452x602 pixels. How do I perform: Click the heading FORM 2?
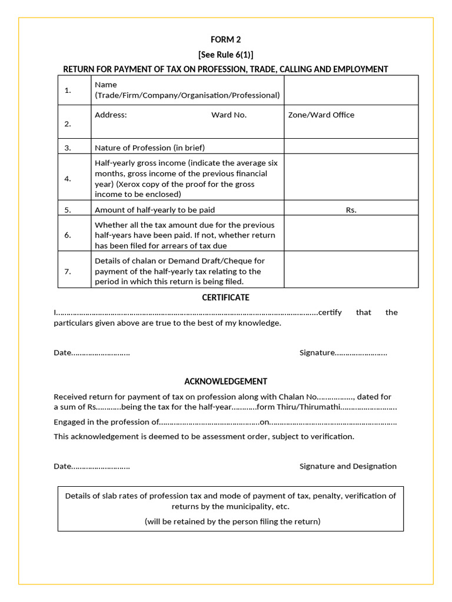225,40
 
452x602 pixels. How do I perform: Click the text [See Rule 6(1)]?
225,55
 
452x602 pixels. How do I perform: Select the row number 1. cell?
68,90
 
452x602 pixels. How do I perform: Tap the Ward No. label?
229,115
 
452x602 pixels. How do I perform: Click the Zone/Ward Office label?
321,115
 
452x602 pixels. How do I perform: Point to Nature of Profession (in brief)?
149,148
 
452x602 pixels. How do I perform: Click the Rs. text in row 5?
351,210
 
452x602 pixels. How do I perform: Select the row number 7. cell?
68,271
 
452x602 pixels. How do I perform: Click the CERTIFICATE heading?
225,297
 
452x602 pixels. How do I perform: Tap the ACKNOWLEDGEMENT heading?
225,382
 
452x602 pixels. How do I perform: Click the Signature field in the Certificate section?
343,353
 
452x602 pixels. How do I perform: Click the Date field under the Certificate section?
91,353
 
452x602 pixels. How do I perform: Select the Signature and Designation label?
348,466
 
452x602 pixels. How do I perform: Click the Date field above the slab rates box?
91,466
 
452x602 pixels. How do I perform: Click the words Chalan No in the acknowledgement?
296,397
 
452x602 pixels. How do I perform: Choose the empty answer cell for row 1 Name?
351,90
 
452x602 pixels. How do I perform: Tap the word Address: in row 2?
111,115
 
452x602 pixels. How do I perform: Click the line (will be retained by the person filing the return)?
232,521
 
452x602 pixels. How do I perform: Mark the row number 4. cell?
68,179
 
